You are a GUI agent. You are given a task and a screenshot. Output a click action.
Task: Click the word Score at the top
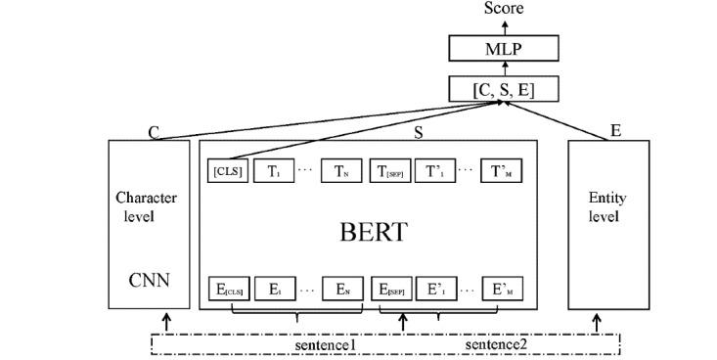pos(504,8)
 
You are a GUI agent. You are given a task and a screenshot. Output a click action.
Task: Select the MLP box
pos(503,47)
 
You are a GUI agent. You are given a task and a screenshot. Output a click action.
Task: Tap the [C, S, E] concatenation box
pos(503,90)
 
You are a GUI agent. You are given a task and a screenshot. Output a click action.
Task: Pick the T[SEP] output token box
pos(389,172)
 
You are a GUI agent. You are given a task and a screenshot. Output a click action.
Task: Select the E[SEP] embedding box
pos(389,290)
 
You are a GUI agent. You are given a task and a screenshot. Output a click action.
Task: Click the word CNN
pos(149,282)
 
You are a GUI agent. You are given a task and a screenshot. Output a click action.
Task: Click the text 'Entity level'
pos(606,206)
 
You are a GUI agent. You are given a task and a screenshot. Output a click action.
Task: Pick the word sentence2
pos(496,345)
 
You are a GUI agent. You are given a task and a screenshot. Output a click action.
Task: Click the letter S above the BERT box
pos(418,132)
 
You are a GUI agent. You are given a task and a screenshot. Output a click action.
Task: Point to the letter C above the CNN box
pos(154,132)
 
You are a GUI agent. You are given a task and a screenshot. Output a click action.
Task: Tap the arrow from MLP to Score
pos(503,26)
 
